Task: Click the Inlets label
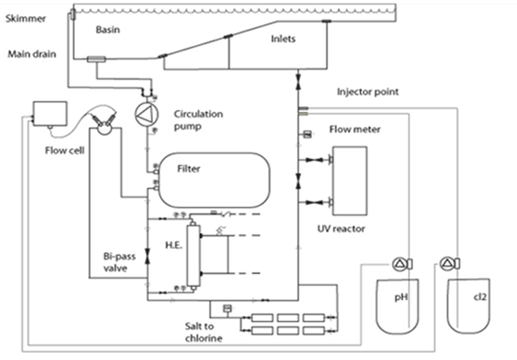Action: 283,39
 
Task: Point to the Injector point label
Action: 367,91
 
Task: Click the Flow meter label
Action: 354,129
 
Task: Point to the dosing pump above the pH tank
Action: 401,263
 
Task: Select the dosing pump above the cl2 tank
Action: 449,263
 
